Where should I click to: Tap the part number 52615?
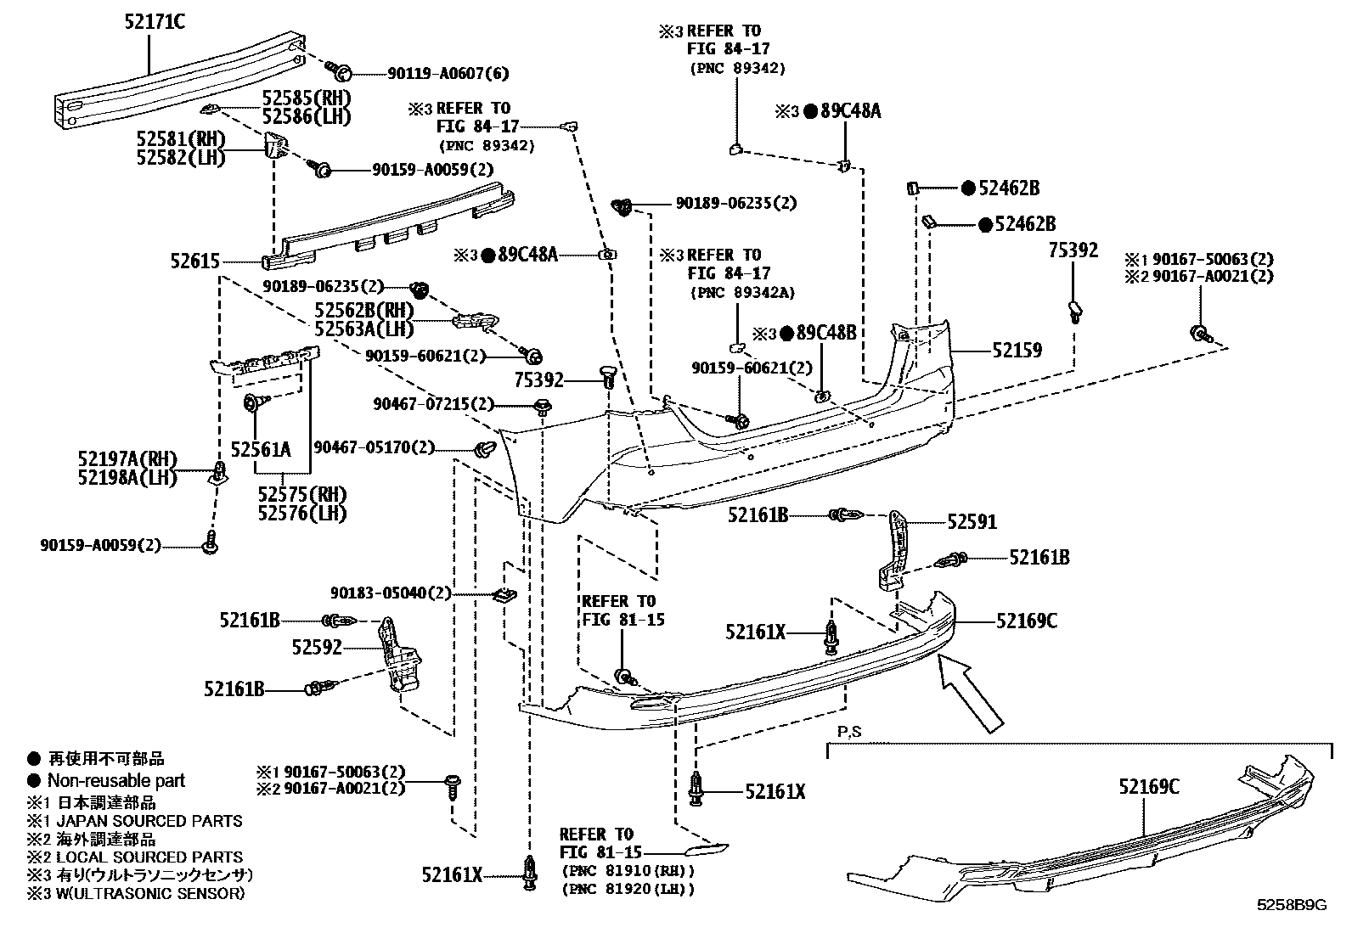(195, 263)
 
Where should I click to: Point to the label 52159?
(1017, 350)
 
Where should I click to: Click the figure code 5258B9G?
(1292, 905)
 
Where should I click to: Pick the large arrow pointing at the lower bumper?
(970, 694)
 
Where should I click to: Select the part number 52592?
(317, 648)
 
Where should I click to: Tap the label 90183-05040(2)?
(390, 593)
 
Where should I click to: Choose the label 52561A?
(261, 448)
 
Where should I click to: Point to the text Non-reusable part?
(115, 780)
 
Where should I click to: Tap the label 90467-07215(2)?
(433, 404)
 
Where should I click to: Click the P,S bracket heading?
(848, 731)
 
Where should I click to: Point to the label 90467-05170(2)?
(374, 447)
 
